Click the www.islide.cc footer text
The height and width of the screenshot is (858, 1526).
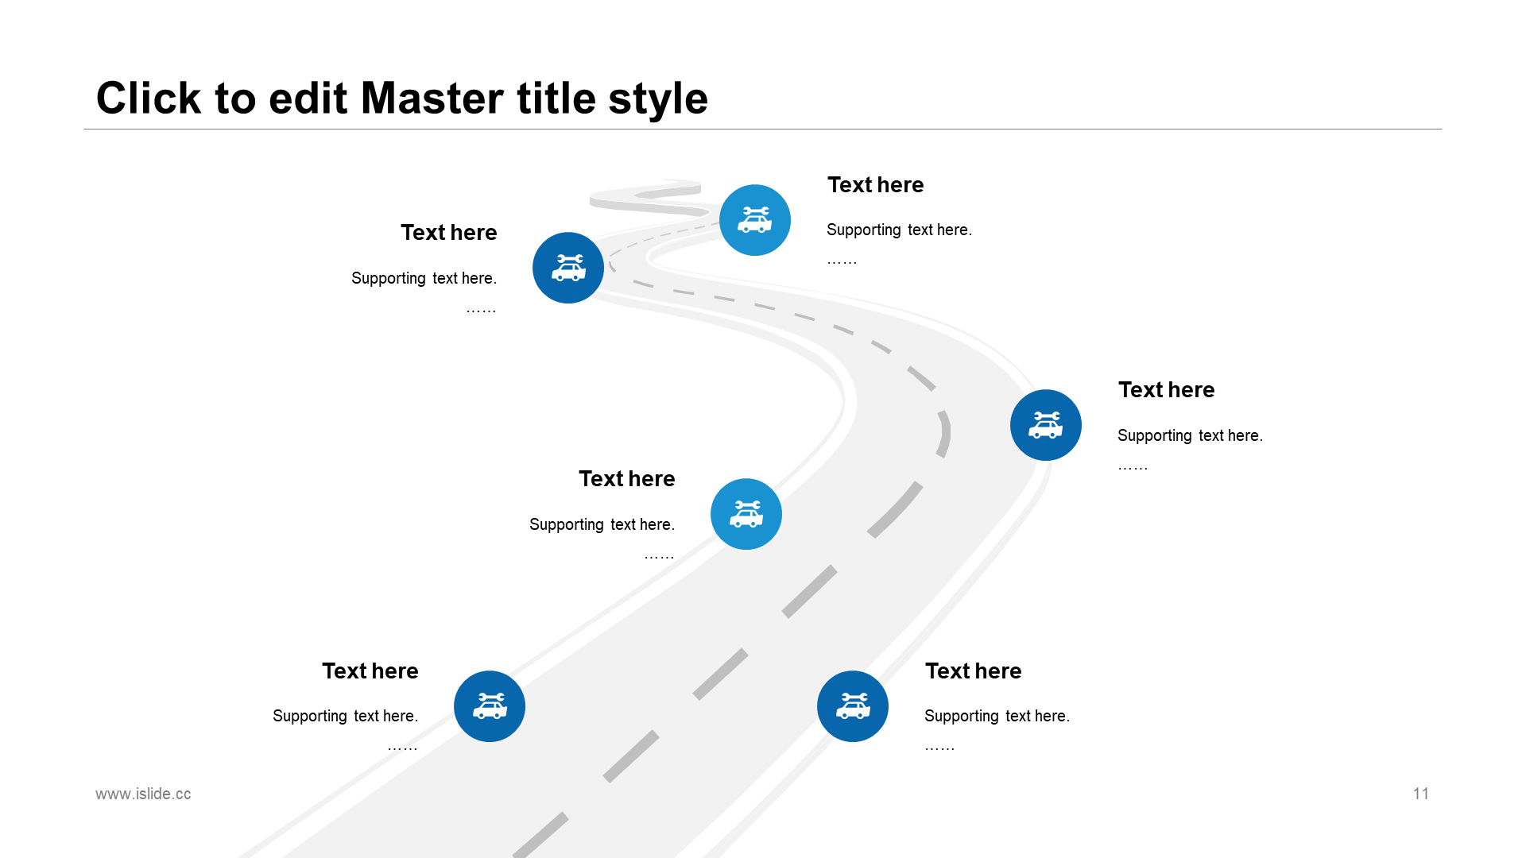point(143,794)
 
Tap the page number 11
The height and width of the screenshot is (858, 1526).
point(1421,794)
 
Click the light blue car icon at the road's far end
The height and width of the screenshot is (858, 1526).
point(755,220)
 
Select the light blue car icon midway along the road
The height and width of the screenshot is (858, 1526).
point(746,514)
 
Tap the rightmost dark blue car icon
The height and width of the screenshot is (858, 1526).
point(1046,425)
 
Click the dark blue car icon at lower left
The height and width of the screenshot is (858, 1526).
point(490,706)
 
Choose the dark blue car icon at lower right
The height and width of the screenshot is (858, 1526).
point(853,706)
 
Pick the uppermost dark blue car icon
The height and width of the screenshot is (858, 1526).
point(568,268)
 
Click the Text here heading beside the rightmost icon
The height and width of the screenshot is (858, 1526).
point(1166,390)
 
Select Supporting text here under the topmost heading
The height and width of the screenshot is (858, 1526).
point(899,230)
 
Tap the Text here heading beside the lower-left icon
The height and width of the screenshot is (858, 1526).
point(370,671)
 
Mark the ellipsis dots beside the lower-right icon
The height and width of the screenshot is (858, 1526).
point(939,748)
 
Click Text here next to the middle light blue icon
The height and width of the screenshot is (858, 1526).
point(626,479)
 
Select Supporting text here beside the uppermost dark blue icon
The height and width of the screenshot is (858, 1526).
point(424,278)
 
